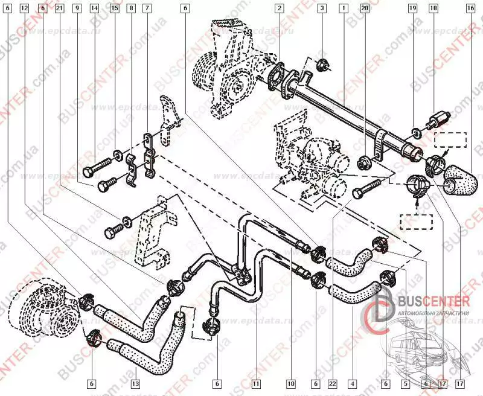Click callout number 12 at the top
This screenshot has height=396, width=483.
[24, 8]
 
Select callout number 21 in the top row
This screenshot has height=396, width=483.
[59, 8]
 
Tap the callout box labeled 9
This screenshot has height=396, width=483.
[77, 8]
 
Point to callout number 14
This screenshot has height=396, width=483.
[95, 8]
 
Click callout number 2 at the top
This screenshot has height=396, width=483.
[280, 8]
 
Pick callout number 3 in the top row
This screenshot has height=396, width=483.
[322, 8]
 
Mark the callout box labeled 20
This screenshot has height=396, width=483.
[364, 8]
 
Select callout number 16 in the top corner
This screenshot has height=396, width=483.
[470, 8]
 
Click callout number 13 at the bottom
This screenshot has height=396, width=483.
[134, 383]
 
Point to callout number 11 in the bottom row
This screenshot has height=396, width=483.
[256, 383]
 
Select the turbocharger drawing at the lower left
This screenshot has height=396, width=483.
[42, 308]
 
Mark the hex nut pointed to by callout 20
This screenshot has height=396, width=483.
[365, 162]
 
